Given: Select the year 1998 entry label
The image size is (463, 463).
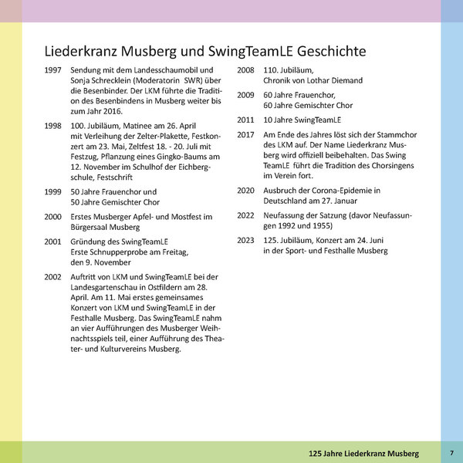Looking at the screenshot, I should click(x=55, y=124).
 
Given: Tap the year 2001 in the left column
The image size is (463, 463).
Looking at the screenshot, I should click(x=55, y=241).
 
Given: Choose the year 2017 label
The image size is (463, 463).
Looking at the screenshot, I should click(x=247, y=135).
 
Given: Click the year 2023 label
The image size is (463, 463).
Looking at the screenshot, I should click(x=247, y=241).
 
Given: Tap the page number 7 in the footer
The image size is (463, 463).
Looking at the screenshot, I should click(x=451, y=451).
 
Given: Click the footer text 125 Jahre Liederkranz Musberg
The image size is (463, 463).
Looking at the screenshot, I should click(x=363, y=451).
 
